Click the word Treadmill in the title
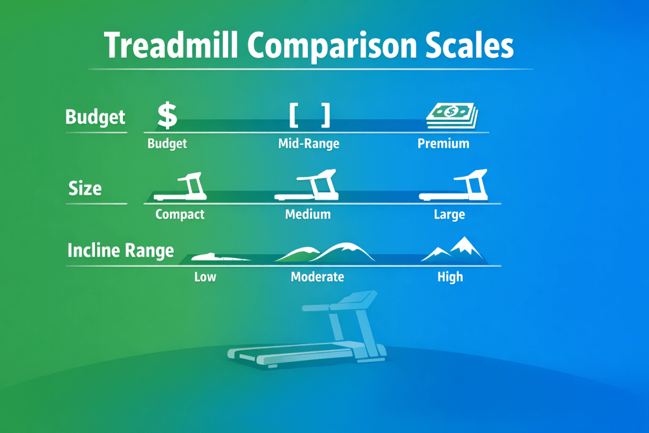(x=171, y=45)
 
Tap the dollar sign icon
(x=167, y=115)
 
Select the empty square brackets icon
(x=309, y=115)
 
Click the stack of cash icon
(x=452, y=116)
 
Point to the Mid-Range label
(x=309, y=144)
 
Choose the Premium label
(x=443, y=144)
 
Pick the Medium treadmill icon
(x=306, y=185)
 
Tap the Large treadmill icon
(x=454, y=185)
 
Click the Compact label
(x=179, y=214)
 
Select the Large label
(x=449, y=214)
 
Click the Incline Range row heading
(x=120, y=250)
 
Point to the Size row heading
(x=85, y=188)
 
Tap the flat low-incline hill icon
(x=221, y=257)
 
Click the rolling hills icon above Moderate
(x=325, y=252)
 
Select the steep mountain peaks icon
(x=453, y=249)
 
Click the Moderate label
(x=318, y=276)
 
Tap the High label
(x=450, y=276)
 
